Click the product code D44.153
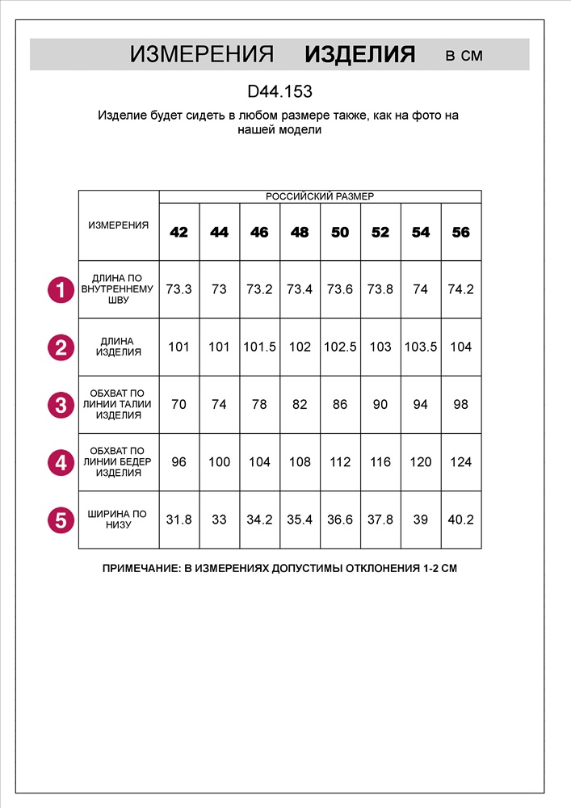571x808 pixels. (x=279, y=92)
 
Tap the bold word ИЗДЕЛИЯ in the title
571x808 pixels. (x=360, y=55)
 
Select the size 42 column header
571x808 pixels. (x=178, y=233)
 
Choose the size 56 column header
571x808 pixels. (x=460, y=233)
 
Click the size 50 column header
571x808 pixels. (x=340, y=233)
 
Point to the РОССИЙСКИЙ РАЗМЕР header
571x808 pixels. (x=320, y=196)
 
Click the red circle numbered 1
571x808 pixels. (x=61, y=289)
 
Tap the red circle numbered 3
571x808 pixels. (x=61, y=405)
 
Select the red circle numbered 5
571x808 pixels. (x=61, y=520)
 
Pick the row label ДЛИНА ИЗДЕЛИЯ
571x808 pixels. (x=119, y=347)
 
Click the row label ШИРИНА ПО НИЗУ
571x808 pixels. (x=119, y=520)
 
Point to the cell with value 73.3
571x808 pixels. (x=178, y=289)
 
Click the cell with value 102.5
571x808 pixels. (x=340, y=347)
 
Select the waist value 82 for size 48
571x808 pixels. (x=300, y=405)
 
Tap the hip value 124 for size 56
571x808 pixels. (x=460, y=462)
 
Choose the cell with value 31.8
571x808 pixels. (x=178, y=520)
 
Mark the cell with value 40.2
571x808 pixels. (x=460, y=520)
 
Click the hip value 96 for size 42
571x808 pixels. (x=178, y=462)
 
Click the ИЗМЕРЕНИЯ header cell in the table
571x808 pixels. (x=119, y=225)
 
